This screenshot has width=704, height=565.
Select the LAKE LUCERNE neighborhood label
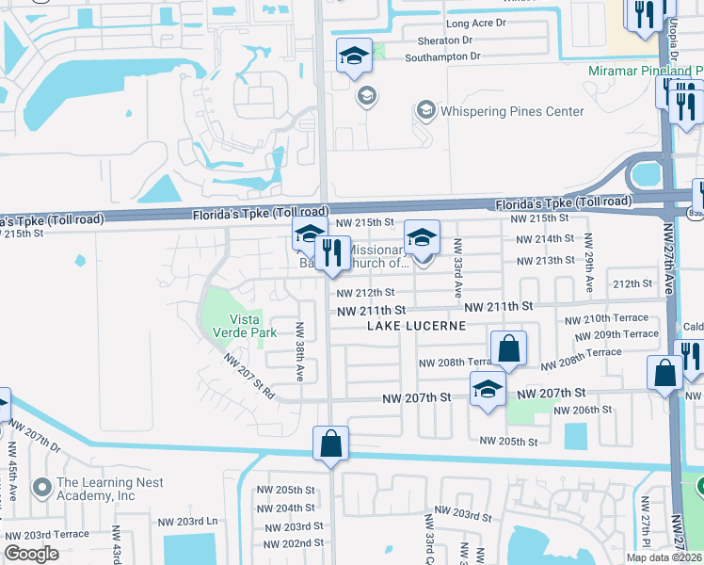pos(417,326)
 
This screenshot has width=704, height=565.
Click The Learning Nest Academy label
pos(109,489)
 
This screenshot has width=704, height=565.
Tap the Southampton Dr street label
pos(442,56)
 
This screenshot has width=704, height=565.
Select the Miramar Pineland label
pos(645,71)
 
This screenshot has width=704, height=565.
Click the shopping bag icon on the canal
pos(330,444)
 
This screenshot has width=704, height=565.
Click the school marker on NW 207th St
pos(487,390)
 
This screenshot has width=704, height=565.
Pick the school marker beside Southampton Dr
pos(355,56)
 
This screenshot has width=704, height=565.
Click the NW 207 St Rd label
pos(248,377)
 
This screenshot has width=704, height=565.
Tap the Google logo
pos(31,554)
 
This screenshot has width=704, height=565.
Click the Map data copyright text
pos(664,557)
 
